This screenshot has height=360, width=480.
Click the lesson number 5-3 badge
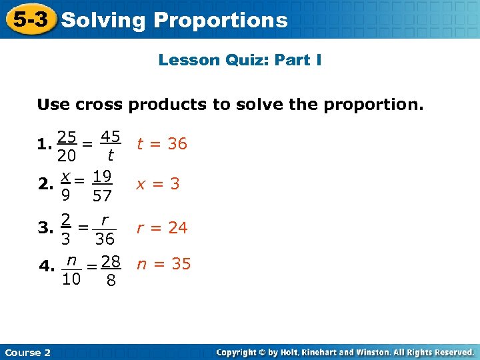tap(31, 19)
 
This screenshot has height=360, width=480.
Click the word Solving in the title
tap(103, 20)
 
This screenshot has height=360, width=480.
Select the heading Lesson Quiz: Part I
tap(240, 60)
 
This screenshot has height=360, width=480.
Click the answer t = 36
tap(162, 143)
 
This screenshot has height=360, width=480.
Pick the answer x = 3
tap(158, 183)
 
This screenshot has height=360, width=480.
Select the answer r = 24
tap(162, 228)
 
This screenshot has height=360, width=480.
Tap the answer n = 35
tap(164, 264)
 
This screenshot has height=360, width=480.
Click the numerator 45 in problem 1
tap(110, 137)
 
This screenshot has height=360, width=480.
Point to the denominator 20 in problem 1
tap(66, 157)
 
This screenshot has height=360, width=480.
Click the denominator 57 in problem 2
tap(102, 196)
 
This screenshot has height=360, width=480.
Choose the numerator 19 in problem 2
tap(102, 177)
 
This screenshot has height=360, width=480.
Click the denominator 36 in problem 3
tap(105, 239)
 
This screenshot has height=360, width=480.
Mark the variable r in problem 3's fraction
tap(105, 219)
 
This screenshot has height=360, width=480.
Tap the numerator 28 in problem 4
tap(111, 262)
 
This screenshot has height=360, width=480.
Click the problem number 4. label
tap(47, 267)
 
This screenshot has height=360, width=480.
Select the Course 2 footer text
tap(27, 352)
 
